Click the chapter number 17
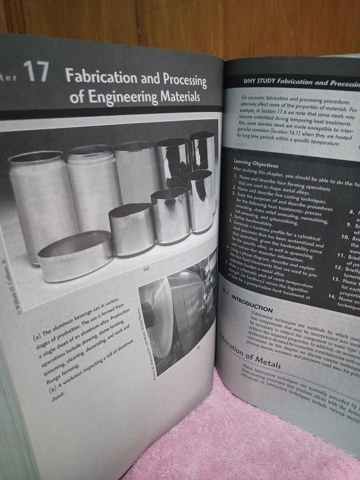pyautogui.click(x=36, y=72)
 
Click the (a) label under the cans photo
pyautogui.click(x=145, y=269)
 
